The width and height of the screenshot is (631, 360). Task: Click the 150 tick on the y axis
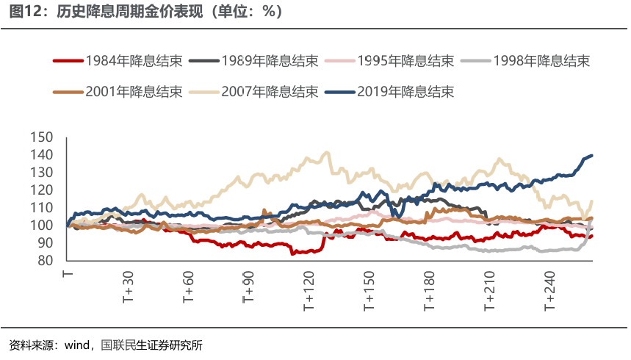tap(43, 137)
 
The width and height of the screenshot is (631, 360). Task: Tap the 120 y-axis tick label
tap(43, 190)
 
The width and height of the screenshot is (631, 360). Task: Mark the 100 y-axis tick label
tap(43, 226)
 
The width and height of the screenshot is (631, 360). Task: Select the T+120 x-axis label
tap(309, 289)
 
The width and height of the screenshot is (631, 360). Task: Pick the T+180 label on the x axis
tap(430, 289)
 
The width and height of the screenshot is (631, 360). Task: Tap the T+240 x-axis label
tap(550, 289)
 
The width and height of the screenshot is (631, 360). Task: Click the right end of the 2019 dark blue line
tap(591, 156)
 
